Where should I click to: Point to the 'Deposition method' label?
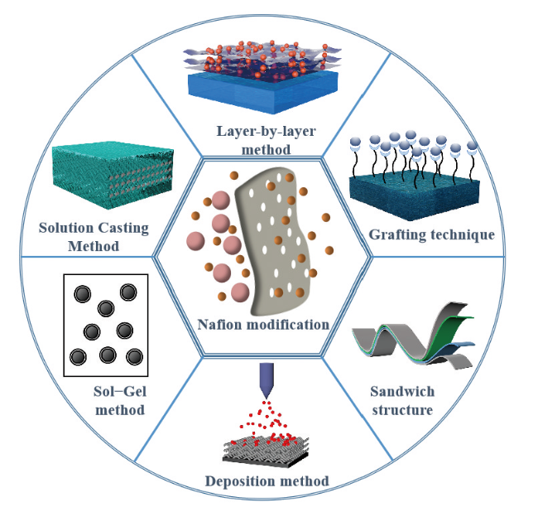click(267, 480)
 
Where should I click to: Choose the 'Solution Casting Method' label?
click(94, 236)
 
